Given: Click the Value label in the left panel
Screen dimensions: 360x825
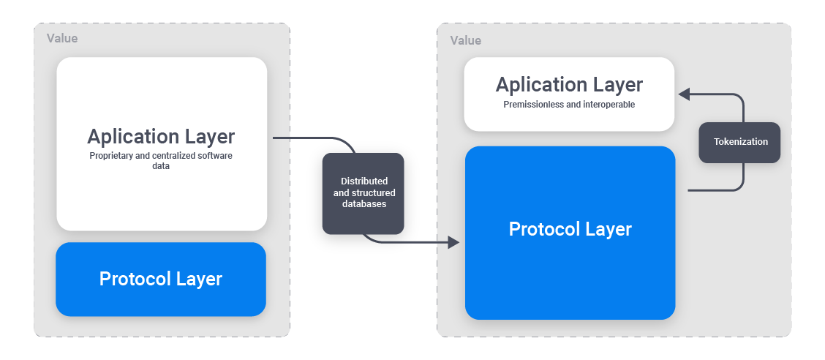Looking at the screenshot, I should (x=62, y=38).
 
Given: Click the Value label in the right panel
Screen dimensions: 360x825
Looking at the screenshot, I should (x=465, y=40).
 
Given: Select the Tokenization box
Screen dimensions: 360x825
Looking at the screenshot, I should (x=739, y=142).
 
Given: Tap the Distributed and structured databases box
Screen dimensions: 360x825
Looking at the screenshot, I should (x=364, y=193).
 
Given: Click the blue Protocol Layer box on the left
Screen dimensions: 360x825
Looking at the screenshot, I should (x=161, y=279).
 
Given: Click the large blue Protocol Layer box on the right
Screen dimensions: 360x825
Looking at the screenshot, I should (x=570, y=233).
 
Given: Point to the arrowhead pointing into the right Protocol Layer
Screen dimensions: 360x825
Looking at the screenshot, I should (x=453, y=242).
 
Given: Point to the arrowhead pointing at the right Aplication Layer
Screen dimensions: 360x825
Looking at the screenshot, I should (x=685, y=94).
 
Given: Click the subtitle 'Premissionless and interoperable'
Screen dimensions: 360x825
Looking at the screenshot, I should (x=569, y=105).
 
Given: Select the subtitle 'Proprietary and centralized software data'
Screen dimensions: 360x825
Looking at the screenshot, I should (x=161, y=161).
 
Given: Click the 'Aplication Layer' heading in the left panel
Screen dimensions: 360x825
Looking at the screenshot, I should (x=161, y=137).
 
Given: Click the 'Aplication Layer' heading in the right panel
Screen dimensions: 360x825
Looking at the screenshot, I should (x=569, y=85).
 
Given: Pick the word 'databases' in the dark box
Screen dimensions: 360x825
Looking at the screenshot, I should (x=364, y=204).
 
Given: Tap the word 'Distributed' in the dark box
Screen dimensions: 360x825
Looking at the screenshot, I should (x=364, y=181).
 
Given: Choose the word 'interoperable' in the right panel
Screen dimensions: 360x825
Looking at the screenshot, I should (x=609, y=105).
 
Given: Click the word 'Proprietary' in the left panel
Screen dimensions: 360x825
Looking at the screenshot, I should (x=111, y=156).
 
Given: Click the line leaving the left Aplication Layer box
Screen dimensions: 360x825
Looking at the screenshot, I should (x=300, y=138).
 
